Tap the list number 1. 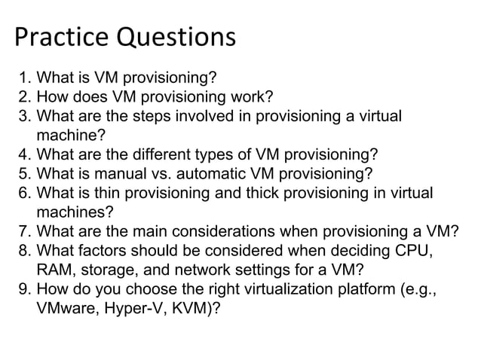(23, 77)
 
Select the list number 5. (23, 175)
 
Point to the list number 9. (23, 288)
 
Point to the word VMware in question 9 (66, 308)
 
